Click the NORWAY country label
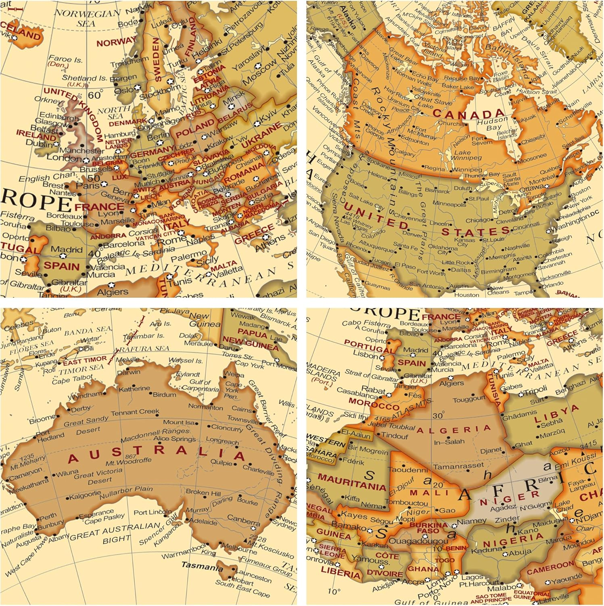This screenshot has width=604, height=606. [116, 42]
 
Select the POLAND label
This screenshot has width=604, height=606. [195, 129]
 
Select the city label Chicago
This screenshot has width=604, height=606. [479, 221]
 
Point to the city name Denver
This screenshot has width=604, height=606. [412, 234]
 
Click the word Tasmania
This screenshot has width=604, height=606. [202, 566]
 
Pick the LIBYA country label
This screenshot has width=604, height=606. [556, 415]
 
